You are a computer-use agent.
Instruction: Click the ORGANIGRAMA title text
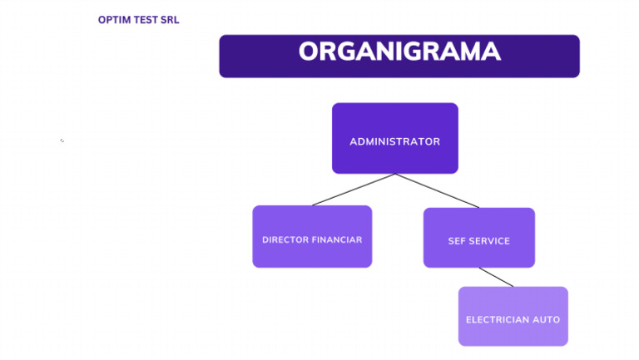399,52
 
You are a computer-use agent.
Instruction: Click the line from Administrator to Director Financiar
354,190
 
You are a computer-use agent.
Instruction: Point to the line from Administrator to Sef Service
437,190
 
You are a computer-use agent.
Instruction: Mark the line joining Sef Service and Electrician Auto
496,277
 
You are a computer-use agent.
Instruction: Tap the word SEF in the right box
457,241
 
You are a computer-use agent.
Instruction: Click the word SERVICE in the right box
490,241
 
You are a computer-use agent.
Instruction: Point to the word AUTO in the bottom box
547,319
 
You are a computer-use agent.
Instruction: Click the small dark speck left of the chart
62,141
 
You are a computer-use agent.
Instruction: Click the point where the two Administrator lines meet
395,174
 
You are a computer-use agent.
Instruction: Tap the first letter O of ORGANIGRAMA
309,52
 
